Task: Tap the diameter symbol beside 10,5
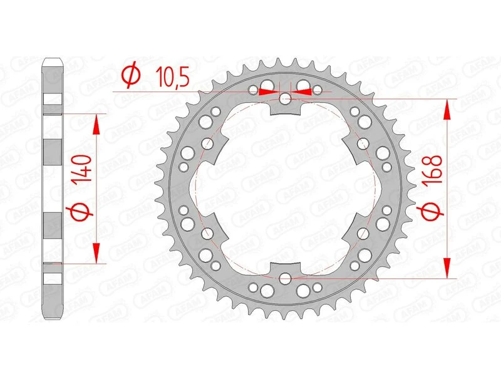coord(130,76)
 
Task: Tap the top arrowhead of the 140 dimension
coord(96,124)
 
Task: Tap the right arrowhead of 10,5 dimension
coord(303,92)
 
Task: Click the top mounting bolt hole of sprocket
coord(285,98)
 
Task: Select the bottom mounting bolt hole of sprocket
coord(285,278)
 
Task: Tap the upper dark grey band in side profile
coord(54,152)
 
